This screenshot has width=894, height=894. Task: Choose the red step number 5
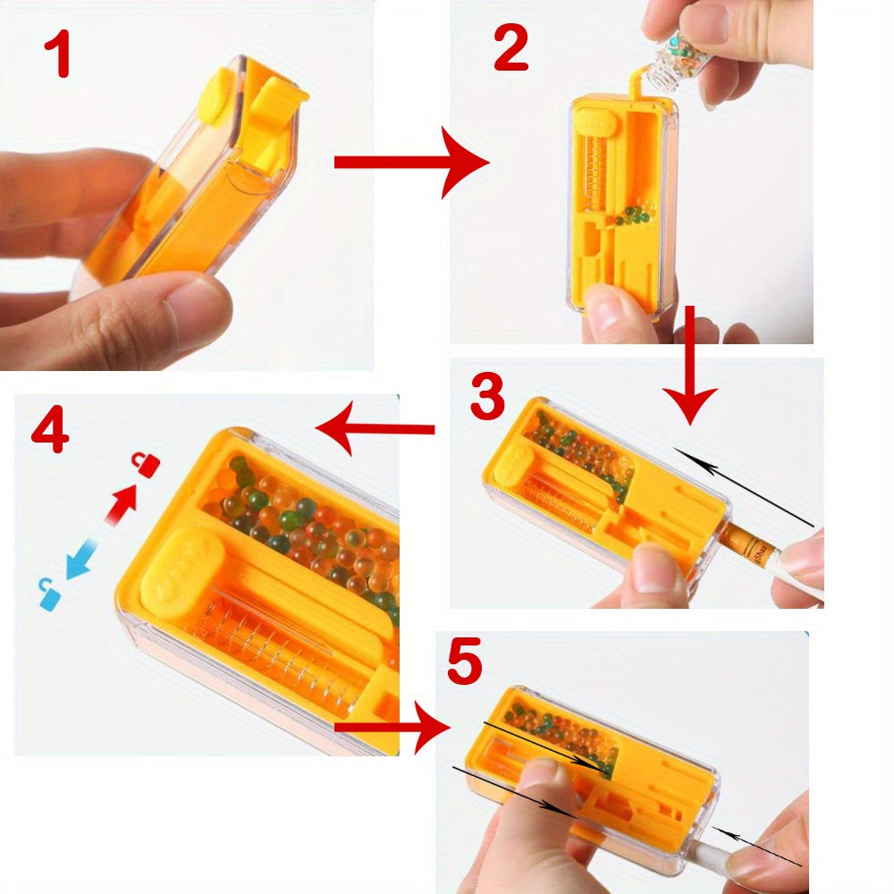pos(465,662)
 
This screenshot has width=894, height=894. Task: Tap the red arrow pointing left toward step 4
pos(375,430)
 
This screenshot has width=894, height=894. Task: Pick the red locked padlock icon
pos(148,464)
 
